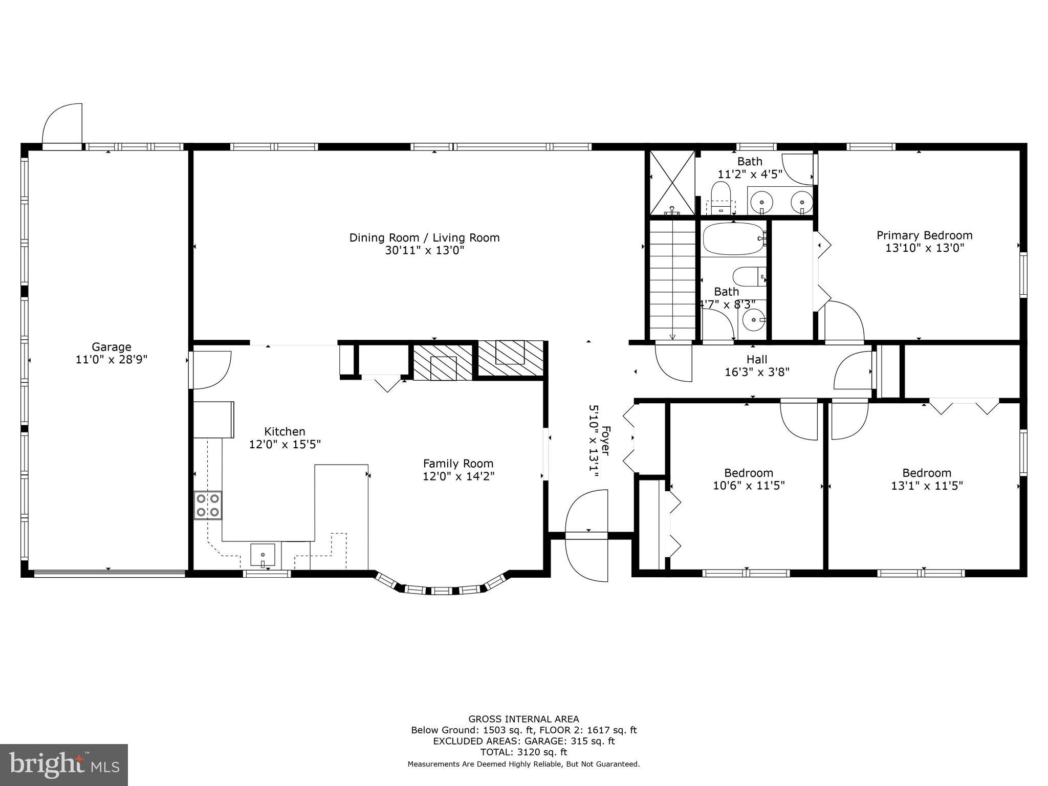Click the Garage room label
click(112, 347)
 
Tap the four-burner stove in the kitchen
click(208, 505)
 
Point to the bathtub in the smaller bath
click(733, 239)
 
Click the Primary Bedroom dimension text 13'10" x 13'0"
click(925, 248)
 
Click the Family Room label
click(458, 464)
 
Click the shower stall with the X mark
click(672, 183)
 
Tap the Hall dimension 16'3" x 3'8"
click(757, 373)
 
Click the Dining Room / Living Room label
click(424, 237)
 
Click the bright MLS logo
click(63, 765)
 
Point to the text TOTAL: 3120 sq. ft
click(523, 752)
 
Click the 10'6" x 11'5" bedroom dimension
click(749, 486)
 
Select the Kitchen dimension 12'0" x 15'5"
click(285, 444)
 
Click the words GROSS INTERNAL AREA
click(523, 719)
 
